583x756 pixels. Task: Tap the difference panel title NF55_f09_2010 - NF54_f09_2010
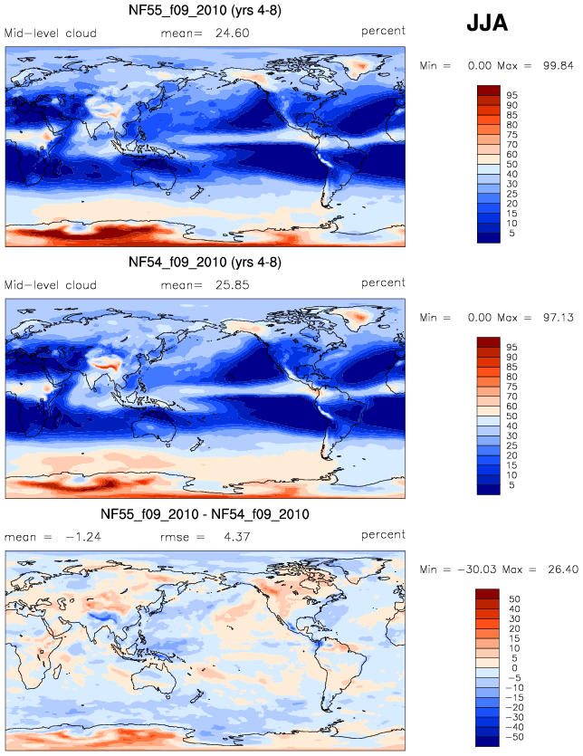[x=205, y=514]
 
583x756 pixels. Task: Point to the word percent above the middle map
[x=383, y=282]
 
